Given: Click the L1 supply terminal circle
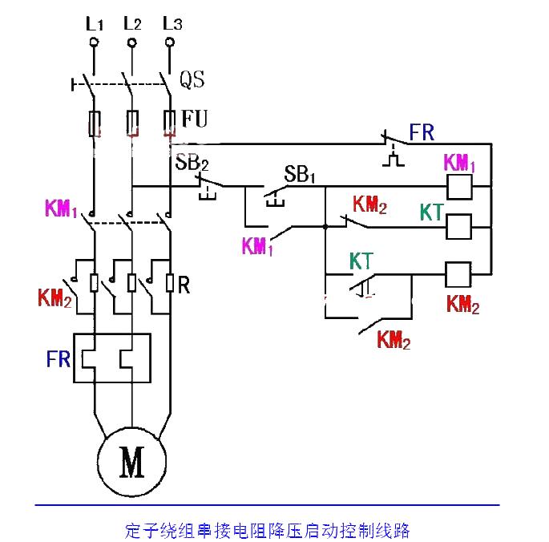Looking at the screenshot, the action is click(x=94, y=42).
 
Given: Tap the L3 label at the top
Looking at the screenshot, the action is click(x=172, y=23).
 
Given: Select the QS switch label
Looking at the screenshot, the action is click(x=192, y=79).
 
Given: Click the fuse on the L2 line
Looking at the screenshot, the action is click(x=132, y=123).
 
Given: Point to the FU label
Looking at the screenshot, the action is click(x=195, y=119).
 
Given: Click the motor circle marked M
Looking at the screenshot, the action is click(x=132, y=461).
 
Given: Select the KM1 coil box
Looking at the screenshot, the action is click(x=459, y=187).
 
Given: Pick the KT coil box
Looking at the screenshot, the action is click(x=458, y=227).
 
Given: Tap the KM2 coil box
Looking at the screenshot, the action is click(x=458, y=275).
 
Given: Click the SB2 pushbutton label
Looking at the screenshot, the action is click(x=192, y=162).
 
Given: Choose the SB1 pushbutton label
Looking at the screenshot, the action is click(x=300, y=174).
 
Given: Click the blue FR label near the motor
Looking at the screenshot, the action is click(x=59, y=358).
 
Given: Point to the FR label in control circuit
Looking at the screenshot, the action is click(x=422, y=132).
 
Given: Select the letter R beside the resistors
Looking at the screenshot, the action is click(x=184, y=285).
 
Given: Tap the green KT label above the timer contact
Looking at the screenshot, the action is click(x=361, y=261).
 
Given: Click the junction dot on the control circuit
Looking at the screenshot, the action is click(x=325, y=227).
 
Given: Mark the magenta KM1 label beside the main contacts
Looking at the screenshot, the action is click(x=61, y=208).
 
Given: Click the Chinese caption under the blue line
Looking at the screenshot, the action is click(x=267, y=531).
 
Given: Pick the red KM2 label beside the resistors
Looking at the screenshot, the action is click(x=55, y=298).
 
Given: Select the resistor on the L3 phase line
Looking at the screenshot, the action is click(x=170, y=283).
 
